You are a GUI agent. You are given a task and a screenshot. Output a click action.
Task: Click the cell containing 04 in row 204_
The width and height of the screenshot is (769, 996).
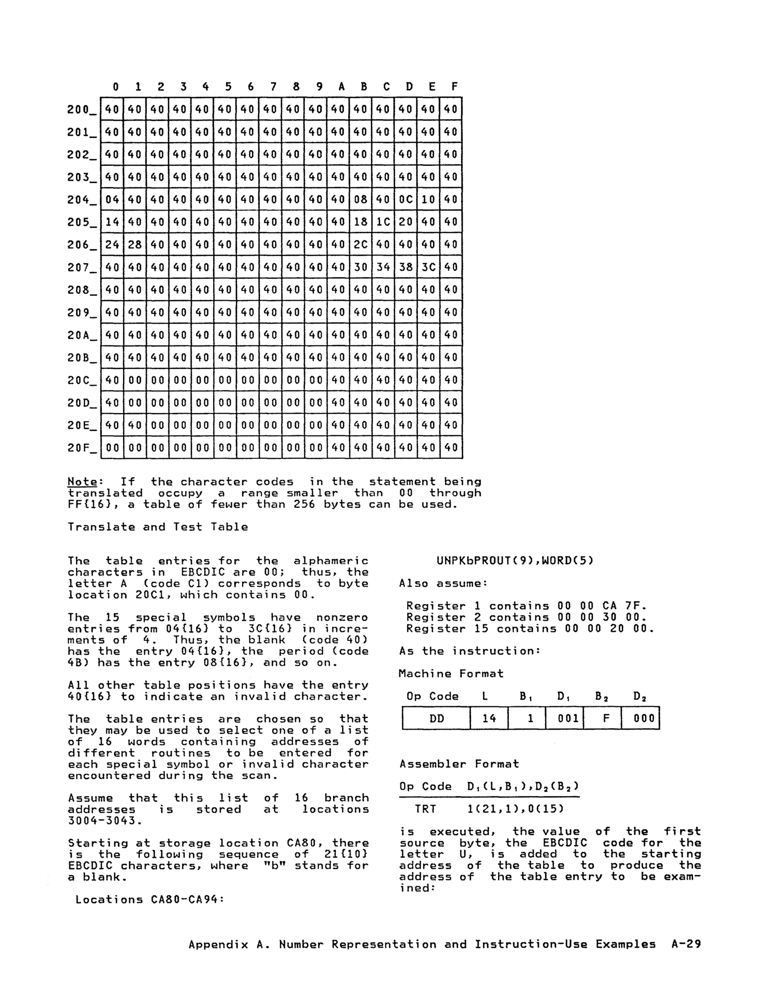click(x=112, y=199)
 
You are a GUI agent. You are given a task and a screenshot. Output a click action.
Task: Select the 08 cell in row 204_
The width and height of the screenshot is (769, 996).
click(x=360, y=199)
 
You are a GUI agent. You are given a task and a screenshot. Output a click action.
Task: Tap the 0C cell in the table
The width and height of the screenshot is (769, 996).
click(x=406, y=199)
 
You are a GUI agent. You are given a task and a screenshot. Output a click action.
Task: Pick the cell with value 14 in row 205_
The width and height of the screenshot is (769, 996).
click(x=112, y=222)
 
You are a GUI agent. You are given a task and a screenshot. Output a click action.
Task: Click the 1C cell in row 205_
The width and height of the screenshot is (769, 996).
click(x=383, y=222)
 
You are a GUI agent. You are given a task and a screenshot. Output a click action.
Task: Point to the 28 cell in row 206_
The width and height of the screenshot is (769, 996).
click(x=134, y=245)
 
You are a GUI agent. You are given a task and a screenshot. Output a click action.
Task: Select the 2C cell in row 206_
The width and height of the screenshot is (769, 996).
click(x=360, y=245)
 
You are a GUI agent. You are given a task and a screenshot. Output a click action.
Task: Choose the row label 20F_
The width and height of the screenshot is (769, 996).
click(x=82, y=448)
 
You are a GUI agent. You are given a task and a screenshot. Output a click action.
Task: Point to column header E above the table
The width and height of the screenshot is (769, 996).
click(x=431, y=87)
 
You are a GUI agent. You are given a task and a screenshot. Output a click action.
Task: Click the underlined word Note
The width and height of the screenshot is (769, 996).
click(x=82, y=482)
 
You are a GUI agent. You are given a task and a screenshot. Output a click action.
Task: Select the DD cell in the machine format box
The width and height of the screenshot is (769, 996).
click(x=436, y=718)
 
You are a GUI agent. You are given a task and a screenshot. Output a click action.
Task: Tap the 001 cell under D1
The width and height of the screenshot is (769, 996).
click(x=564, y=718)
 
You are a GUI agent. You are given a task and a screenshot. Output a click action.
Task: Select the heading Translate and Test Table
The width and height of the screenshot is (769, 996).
click(x=158, y=527)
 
